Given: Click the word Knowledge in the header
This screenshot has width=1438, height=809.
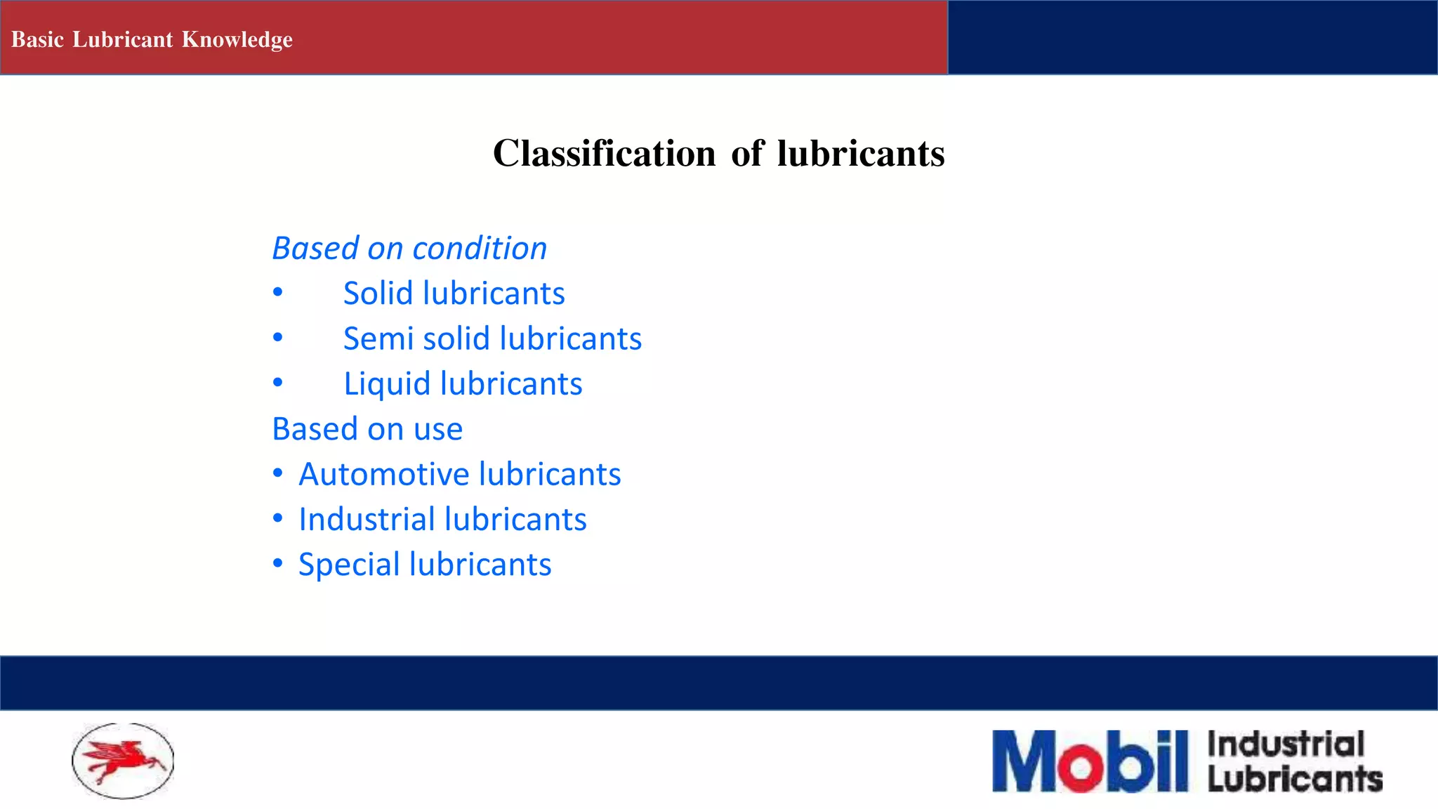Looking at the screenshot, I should [237, 40].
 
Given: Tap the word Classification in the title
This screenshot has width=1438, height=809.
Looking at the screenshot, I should [604, 153].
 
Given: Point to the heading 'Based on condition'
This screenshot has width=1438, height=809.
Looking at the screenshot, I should [409, 249].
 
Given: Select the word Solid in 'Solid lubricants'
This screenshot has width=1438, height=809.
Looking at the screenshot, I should [378, 294].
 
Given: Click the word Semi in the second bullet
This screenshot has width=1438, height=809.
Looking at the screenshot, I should [377, 338].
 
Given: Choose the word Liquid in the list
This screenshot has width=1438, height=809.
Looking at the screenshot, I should [386, 384].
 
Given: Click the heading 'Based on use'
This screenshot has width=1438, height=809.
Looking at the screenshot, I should [367, 429].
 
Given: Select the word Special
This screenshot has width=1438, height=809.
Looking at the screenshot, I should [348, 565].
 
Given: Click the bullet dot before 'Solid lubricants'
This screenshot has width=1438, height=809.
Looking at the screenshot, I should [278, 292].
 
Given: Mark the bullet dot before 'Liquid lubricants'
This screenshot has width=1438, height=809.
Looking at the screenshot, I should [278, 383].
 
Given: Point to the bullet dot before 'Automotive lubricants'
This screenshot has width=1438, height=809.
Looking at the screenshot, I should [278, 473].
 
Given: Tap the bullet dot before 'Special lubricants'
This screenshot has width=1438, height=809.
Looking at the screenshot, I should [278, 563].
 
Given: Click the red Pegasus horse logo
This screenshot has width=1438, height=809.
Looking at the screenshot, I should [123, 761].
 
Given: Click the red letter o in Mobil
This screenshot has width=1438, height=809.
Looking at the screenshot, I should [1081, 768].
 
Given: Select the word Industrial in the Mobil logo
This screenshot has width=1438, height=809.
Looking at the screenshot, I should [1286, 744].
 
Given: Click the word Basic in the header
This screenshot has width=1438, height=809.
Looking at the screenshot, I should [37, 40].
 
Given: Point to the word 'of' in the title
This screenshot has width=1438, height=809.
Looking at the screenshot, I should [746, 153].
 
